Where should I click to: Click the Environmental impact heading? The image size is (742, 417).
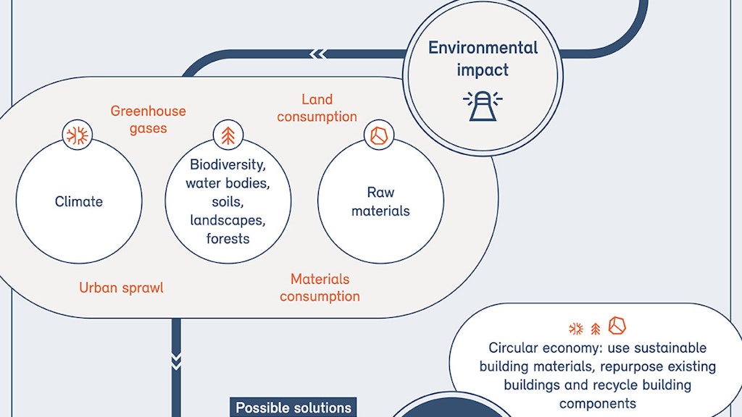pyautogui.click(x=483, y=59)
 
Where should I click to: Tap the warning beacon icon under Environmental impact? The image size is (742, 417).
pyautogui.click(x=483, y=105)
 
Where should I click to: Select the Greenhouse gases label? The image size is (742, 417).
pyautogui.click(x=148, y=119)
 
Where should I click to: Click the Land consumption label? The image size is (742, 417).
pyautogui.click(x=317, y=108)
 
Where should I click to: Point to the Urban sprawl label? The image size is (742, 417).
pyautogui.click(x=121, y=287)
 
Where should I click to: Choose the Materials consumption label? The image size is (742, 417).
pyautogui.click(x=320, y=287)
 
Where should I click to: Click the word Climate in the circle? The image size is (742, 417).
pyautogui.click(x=79, y=201)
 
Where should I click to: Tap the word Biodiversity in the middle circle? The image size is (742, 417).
pyautogui.click(x=228, y=164)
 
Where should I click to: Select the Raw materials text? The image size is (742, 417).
pyautogui.click(x=380, y=202)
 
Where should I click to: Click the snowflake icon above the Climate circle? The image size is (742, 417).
pyautogui.click(x=77, y=135)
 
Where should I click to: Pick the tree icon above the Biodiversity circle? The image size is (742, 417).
pyautogui.click(x=228, y=135)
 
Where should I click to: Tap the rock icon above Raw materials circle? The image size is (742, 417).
pyautogui.click(x=378, y=135)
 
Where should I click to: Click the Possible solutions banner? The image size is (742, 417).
pyautogui.click(x=293, y=408)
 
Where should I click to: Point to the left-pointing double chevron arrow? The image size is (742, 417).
pyautogui.click(x=317, y=54)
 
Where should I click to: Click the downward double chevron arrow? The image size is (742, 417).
pyautogui.click(x=176, y=361)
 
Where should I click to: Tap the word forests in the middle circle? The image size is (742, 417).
pyautogui.click(x=228, y=239)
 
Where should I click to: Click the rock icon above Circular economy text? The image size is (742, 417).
pyautogui.click(x=617, y=326)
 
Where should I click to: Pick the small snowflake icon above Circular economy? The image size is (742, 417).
pyautogui.click(x=576, y=329)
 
